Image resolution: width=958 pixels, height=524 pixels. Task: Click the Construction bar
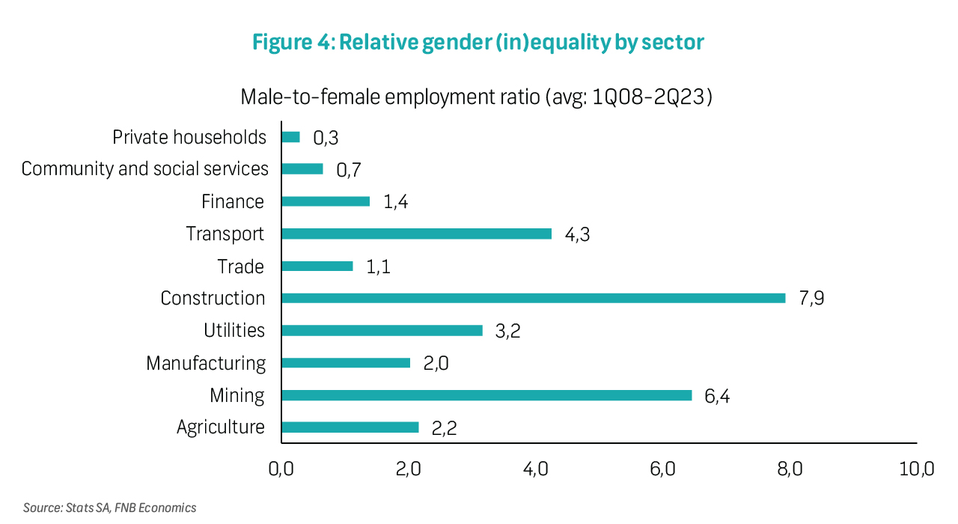click(533, 298)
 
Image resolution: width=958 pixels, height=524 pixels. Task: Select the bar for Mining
click(486, 395)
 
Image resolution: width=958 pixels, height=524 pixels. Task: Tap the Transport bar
click(416, 234)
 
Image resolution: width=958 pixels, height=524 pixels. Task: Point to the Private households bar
click(290, 137)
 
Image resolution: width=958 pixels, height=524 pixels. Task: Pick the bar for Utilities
click(382, 330)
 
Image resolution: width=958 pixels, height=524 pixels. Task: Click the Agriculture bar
click(350, 427)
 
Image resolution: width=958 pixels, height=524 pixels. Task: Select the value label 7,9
click(811, 299)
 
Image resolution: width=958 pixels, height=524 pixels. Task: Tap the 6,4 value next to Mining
click(716, 396)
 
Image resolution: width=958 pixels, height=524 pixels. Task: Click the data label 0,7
click(349, 170)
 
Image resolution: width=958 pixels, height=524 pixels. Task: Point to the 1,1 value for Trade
click(378, 267)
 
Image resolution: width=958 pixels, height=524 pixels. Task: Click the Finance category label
click(233, 202)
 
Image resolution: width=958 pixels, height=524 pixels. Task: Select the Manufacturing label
click(206, 363)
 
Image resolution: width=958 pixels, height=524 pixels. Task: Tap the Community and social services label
click(144, 169)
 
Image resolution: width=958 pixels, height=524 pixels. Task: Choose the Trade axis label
click(241, 266)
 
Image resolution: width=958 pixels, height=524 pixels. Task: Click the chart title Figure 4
click(478, 43)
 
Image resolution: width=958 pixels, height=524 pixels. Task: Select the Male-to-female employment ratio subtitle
click(476, 97)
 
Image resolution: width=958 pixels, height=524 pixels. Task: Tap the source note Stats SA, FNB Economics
click(109, 508)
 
